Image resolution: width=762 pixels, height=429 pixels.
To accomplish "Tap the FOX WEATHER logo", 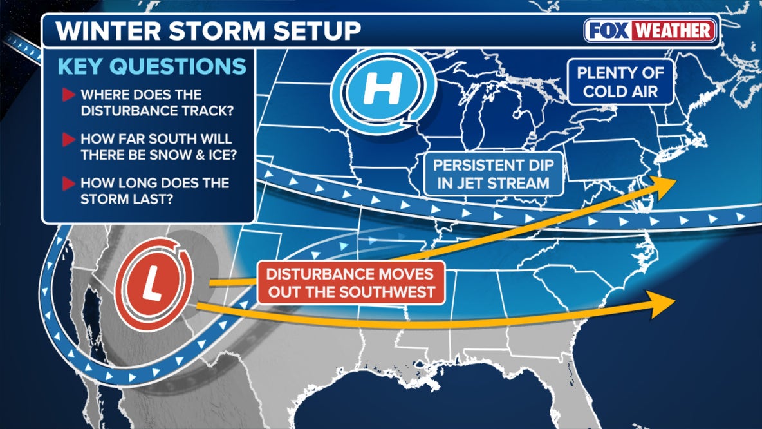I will (x=651, y=30).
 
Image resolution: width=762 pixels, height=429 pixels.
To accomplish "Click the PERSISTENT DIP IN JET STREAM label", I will (x=494, y=173).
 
